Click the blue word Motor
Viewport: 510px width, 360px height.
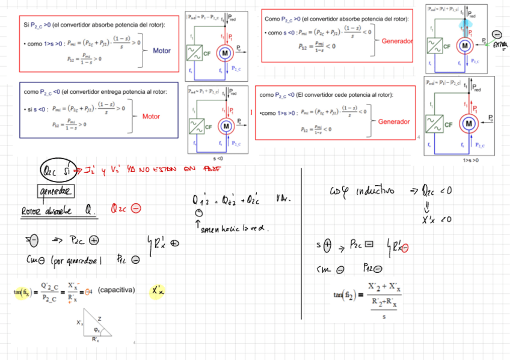162,50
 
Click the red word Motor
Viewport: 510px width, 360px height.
151,117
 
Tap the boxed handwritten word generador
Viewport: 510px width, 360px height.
54,191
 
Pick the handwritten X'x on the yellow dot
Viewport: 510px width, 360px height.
158,292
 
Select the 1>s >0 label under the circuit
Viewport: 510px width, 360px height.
471,160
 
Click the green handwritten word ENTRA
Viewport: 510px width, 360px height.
499,45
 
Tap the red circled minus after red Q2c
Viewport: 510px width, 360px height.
135,209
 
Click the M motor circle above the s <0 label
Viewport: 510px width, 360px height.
226,126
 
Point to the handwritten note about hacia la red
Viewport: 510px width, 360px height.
230,228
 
